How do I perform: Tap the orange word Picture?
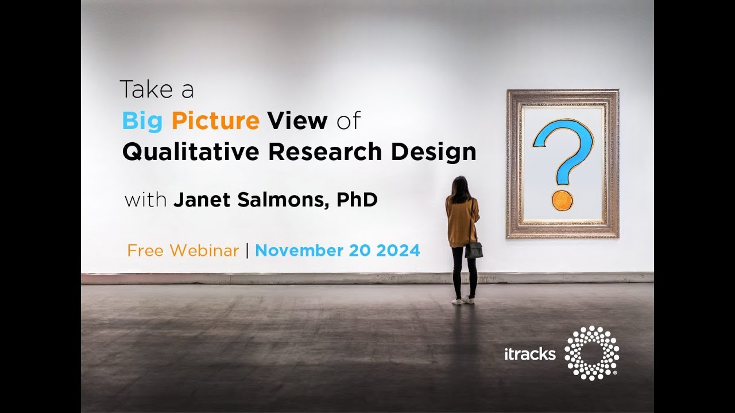coord(215,121)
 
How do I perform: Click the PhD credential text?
coord(357,200)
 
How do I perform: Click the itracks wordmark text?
coord(529,354)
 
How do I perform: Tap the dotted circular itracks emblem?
coord(591,353)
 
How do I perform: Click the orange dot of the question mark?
coord(562,200)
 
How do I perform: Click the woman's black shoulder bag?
coord(474,250)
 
